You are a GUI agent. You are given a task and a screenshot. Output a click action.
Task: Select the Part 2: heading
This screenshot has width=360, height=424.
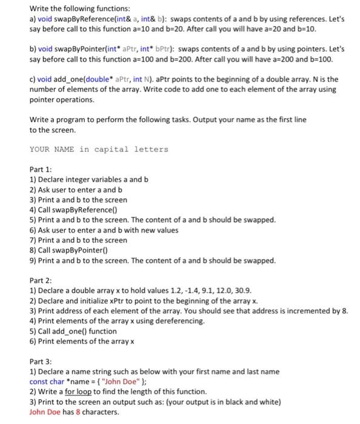pyautogui.click(x=41, y=280)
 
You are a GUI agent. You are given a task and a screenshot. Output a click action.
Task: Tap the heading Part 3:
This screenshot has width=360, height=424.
pyautogui.click(x=41, y=361)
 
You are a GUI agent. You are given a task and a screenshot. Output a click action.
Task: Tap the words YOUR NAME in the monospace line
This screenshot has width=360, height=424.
pyautogui.click(x=52, y=150)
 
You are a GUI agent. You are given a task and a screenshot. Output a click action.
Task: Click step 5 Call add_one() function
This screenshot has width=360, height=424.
pyautogui.click(x=73, y=331)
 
